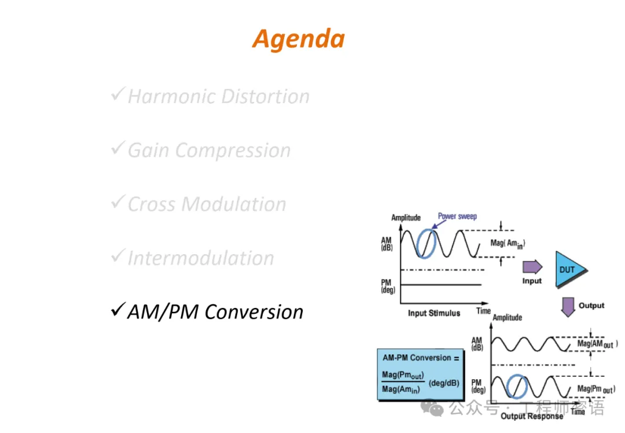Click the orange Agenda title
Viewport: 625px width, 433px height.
coord(299,39)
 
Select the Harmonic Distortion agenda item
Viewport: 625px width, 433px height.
coord(218,96)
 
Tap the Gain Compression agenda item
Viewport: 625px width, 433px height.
coord(209,151)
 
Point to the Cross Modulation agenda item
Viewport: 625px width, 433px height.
coord(207,204)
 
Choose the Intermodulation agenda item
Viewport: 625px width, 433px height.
coord(200,258)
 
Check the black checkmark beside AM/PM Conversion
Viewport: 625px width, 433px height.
coord(117,310)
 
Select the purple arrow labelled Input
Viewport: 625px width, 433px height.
coord(532,267)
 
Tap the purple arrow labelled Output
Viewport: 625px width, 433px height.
coord(569,306)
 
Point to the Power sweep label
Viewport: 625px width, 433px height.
coord(457,216)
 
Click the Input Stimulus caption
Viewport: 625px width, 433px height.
coord(434,313)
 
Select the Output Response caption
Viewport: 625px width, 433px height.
coord(531,416)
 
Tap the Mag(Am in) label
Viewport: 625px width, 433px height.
coord(508,244)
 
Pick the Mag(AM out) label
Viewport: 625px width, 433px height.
coord(597,344)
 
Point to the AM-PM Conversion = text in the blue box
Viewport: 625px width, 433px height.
coord(421,358)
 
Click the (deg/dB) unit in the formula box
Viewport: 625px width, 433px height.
coord(444,383)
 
